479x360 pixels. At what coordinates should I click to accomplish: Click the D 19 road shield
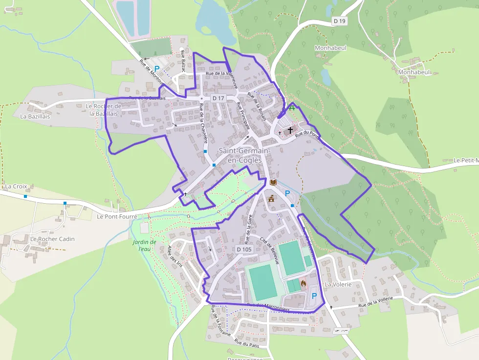(x=340, y=21)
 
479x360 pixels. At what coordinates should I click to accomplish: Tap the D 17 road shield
(x=218, y=98)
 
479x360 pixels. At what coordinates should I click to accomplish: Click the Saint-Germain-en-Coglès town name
(x=240, y=155)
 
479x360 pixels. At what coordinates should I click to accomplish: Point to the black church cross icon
(x=291, y=130)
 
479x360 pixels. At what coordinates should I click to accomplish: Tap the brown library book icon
(x=273, y=183)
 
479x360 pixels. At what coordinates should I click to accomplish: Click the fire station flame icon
(x=303, y=283)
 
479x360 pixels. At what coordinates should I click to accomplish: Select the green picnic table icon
(x=292, y=108)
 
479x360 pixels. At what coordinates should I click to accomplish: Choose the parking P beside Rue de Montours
(x=157, y=69)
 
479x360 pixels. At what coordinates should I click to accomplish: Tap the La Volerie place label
(x=338, y=284)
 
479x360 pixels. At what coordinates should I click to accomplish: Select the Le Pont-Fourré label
(x=117, y=216)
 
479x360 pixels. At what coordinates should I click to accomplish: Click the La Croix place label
(x=16, y=186)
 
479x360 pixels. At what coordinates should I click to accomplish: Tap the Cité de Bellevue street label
(x=269, y=250)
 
